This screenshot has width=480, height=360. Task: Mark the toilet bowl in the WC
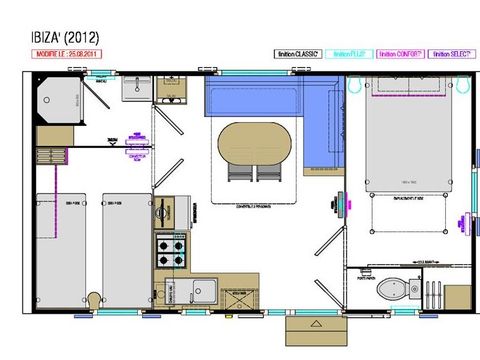[x=389, y=289]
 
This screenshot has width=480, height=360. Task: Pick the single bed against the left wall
[x=55, y=238]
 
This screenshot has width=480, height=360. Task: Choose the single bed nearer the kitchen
[x=125, y=238]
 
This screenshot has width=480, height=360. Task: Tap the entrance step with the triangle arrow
[x=314, y=328]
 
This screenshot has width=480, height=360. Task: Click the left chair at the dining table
[x=240, y=172]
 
